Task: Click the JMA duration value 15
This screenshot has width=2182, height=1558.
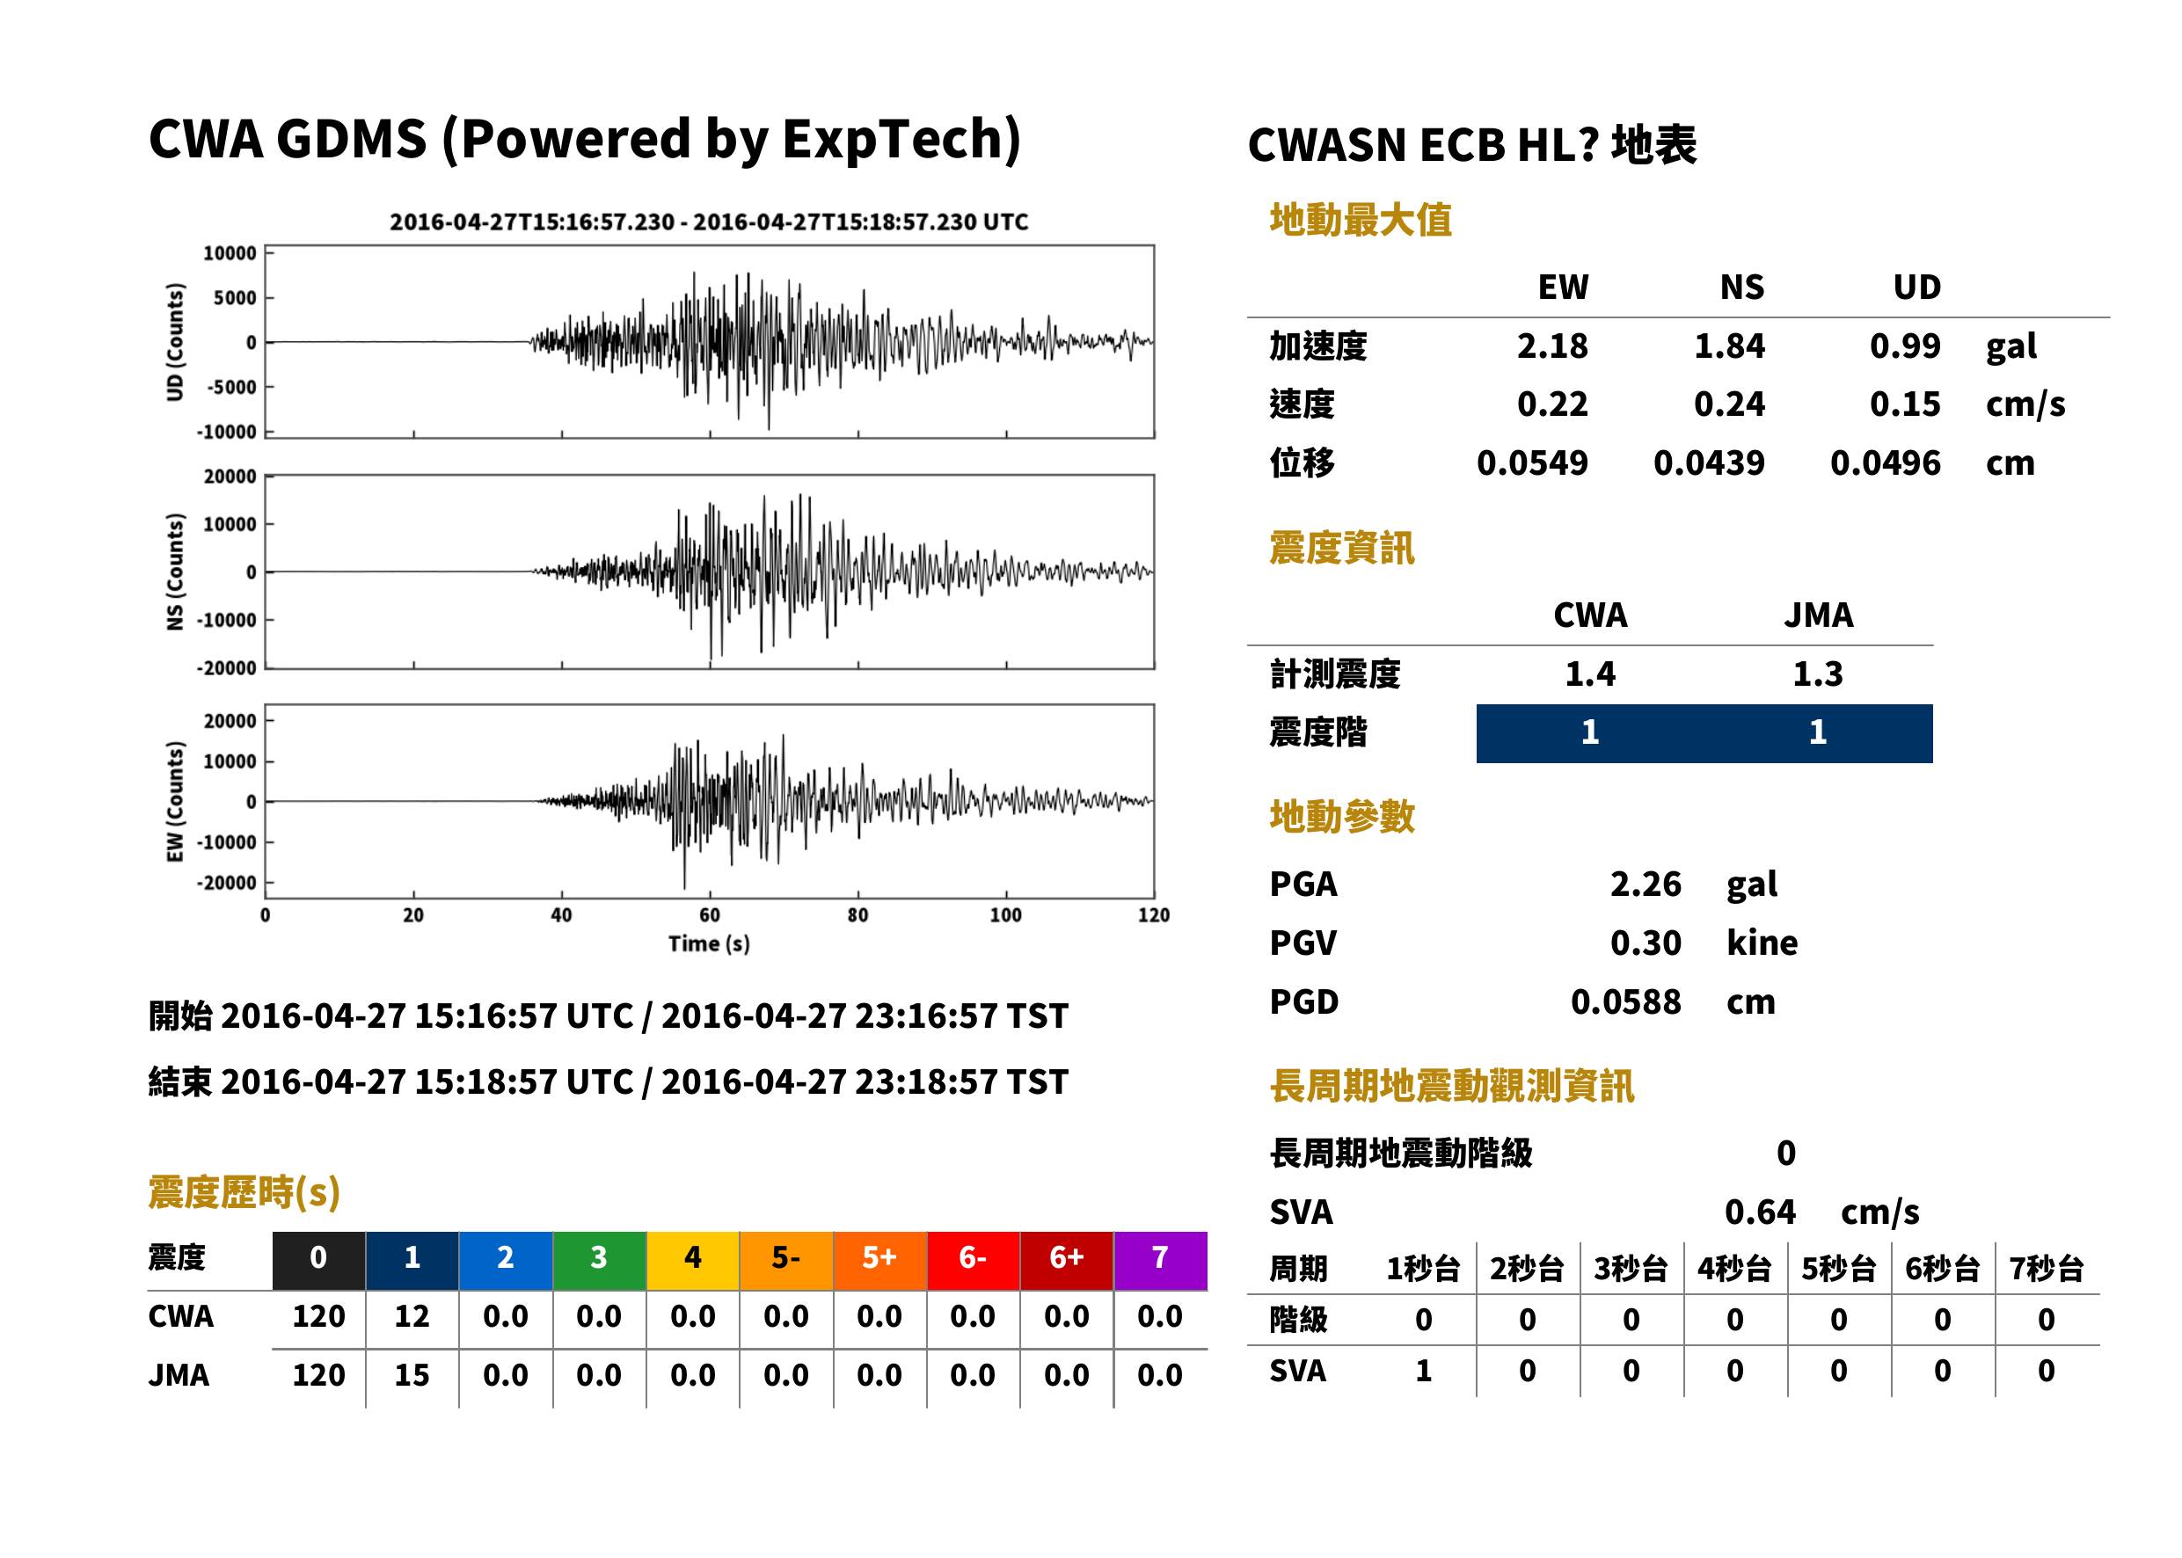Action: (x=412, y=1375)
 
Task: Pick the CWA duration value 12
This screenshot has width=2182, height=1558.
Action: (x=412, y=1316)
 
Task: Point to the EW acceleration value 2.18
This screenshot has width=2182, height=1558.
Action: (x=1551, y=346)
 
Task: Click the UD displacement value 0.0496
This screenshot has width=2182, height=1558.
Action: (x=1885, y=463)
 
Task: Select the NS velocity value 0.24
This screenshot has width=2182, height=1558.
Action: (x=1729, y=404)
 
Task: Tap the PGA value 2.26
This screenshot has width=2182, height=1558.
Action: (x=1646, y=885)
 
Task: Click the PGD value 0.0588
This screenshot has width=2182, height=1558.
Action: (x=1625, y=1002)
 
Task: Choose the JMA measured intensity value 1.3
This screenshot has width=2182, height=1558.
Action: (x=1817, y=674)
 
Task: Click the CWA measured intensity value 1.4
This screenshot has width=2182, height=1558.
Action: (x=1590, y=674)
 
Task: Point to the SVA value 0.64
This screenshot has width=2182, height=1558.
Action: (x=1760, y=1212)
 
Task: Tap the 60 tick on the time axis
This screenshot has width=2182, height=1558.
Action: (x=709, y=915)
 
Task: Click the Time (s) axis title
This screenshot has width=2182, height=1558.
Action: (x=709, y=944)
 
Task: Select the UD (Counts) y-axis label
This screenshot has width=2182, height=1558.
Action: (x=175, y=343)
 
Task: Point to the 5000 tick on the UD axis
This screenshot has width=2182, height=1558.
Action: (x=234, y=298)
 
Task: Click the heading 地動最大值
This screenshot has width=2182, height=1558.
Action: (x=1361, y=220)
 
